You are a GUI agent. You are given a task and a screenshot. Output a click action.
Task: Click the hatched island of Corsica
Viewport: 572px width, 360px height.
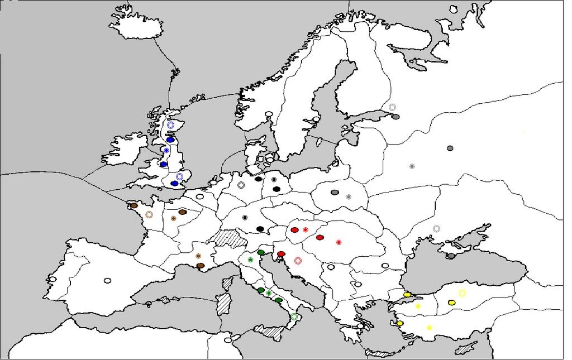tap(227, 284)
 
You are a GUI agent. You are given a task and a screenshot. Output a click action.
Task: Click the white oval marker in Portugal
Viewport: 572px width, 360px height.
tap(53, 279)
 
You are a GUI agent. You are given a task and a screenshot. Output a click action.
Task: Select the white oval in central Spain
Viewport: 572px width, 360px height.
tap(107, 281)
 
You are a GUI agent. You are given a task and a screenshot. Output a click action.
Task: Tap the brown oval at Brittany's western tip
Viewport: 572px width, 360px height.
tap(134, 205)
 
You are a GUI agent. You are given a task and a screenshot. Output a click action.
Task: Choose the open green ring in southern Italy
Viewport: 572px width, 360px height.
tap(294, 317)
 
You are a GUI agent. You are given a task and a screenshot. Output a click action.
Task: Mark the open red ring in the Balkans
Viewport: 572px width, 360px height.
tap(298, 261)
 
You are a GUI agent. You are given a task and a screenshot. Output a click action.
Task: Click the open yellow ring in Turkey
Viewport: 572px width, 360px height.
tap(462, 292)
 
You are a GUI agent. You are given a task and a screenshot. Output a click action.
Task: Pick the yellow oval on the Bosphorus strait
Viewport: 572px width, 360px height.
tap(407, 294)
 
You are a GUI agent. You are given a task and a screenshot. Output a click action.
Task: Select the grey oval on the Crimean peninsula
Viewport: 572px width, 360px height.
tap(451, 256)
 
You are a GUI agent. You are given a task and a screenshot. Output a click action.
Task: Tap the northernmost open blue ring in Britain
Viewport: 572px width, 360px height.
tap(171, 125)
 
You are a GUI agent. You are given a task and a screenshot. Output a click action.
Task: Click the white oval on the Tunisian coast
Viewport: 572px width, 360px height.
tap(228, 340)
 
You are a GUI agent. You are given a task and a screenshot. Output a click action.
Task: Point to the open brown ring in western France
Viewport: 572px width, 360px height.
tap(149, 214)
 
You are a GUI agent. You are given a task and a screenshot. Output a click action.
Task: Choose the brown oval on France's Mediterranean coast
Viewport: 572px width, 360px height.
tap(200, 266)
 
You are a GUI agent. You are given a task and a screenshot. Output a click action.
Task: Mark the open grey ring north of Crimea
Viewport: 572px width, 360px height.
tap(436, 228)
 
